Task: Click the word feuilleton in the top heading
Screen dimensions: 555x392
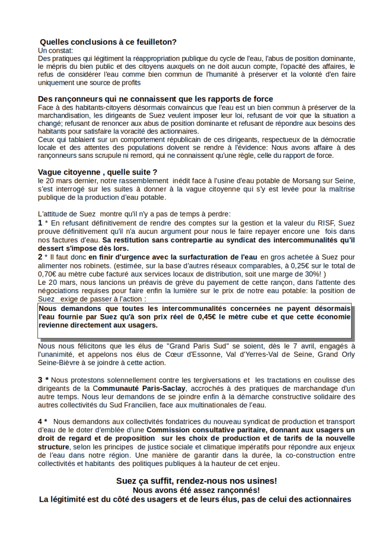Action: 152,41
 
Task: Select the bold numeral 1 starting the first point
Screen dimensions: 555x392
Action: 40,222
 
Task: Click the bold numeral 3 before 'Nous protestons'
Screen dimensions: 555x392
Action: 40,379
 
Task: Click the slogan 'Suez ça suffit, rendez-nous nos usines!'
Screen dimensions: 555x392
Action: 196,481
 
